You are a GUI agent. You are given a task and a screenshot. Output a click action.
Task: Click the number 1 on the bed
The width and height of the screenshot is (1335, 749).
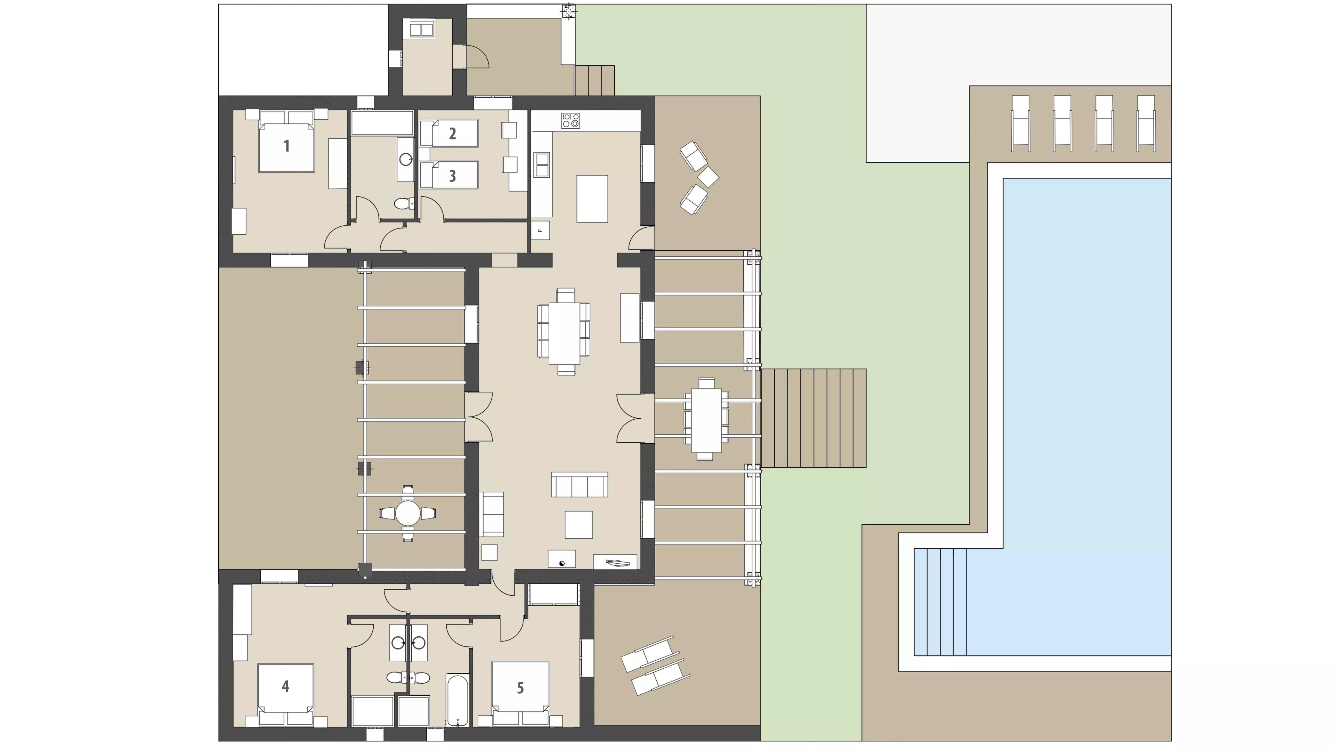(286, 146)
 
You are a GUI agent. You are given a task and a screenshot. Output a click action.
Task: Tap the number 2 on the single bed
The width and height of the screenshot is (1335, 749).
(452, 134)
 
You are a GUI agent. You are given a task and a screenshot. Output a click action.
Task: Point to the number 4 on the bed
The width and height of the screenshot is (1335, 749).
(285, 686)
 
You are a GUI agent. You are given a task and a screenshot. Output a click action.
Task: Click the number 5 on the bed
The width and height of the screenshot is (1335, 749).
(520, 688)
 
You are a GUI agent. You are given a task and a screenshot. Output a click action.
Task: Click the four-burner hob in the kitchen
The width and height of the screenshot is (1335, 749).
(571, 121)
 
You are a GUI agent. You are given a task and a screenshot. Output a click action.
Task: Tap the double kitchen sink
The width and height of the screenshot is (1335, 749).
(542, 164)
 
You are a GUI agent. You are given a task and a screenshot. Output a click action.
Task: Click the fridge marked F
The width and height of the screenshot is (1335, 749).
(540, 230)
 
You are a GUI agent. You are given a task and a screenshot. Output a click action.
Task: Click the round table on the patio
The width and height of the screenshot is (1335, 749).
(408, 513)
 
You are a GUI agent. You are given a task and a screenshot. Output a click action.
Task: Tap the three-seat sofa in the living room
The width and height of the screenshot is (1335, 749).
(580, 485)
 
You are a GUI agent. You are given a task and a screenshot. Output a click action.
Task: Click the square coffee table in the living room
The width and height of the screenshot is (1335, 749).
(578, 525)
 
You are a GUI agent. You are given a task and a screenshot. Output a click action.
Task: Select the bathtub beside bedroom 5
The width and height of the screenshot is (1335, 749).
(457, 700)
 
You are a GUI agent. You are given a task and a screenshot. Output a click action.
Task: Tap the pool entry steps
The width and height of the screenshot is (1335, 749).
(940, 602)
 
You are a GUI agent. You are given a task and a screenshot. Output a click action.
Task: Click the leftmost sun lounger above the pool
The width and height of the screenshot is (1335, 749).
(1020, 123)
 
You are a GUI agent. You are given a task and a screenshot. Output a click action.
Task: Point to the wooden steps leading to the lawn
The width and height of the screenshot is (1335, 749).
(813, 418)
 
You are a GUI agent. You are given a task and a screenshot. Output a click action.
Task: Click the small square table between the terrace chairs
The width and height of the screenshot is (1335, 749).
(708, 177)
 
